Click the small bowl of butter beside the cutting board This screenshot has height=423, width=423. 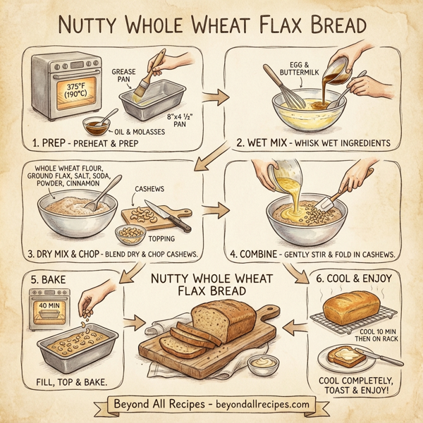click(x=262, y=365)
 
